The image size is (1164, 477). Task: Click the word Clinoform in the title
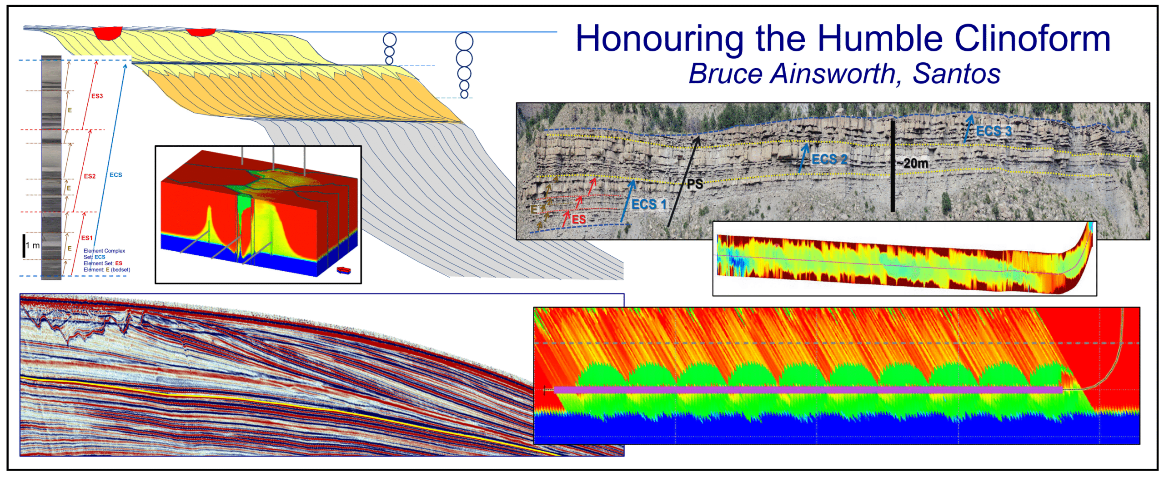pyautogui.click(x=1032, y=39)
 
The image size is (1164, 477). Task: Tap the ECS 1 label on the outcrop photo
pyautogui.click(x=649, y=204)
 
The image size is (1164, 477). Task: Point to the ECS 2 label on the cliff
pyautogui.click(x=829, y=159)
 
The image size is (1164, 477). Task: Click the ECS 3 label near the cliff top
pyautogui.click(x=994, y=131)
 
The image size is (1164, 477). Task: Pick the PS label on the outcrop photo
pyautogui.click(x=695, y=184)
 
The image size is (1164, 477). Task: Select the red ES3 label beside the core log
pyautogui.click(x=97, y=96)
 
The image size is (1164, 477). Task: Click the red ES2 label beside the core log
pyautogui.click(x=90, y=176)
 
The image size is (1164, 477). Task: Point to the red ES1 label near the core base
pyautogui.click(x=87, y=238)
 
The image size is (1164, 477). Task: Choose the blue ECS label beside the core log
pyautogui.click(x=115, y=175)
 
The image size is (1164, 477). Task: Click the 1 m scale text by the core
pyautogui.click(x=33, y=246)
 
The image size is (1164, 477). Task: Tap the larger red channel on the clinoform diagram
pyautogui.click(x=107, y=33)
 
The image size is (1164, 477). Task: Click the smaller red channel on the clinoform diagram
pyautogui.click(x=201, y=32)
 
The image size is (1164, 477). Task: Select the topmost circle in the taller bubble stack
pyautogui.click(x=464, y=41)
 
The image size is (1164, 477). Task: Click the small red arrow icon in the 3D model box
pyautogui.click(x=344, y=271)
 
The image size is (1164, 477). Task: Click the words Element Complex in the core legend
pyautogui.click(x=104, y=251)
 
